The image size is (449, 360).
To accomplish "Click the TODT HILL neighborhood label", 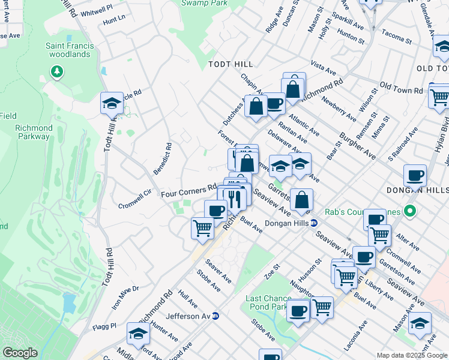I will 231,64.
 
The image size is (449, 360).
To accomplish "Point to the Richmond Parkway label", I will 33,132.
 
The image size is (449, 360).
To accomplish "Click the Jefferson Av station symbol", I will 215,316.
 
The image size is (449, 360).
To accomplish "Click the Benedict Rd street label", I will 163,158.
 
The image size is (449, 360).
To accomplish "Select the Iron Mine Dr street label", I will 125,297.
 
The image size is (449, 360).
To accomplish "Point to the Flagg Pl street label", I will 104,326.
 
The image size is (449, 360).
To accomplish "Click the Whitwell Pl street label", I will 96,11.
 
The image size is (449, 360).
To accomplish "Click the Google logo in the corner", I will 20,353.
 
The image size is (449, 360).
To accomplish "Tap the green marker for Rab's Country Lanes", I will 410,211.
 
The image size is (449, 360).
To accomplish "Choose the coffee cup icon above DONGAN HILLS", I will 415,176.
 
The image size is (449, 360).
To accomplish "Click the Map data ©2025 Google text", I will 412,355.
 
